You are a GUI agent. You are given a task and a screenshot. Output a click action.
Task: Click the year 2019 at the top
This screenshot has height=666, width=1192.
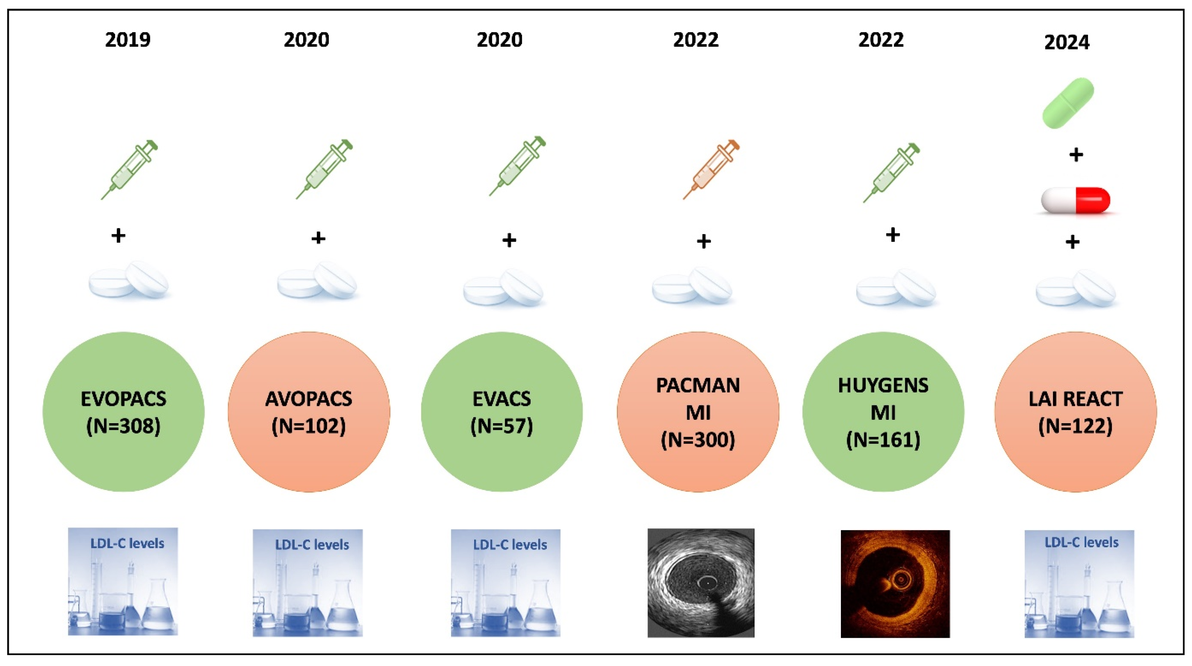[128, 39]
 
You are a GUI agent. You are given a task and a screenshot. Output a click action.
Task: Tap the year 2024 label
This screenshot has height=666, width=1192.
[1067, 43]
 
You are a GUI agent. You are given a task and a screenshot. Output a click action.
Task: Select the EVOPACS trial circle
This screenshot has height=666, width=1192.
[123, 411]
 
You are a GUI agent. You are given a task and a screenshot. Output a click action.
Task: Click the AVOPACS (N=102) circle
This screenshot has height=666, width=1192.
[308, 411]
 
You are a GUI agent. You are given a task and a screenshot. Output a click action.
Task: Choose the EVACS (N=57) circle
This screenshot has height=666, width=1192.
[502, 411]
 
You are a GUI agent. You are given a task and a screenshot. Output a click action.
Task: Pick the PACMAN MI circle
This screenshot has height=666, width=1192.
[698, 411]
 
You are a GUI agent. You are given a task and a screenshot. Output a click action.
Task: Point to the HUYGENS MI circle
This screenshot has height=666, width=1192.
[883, 411]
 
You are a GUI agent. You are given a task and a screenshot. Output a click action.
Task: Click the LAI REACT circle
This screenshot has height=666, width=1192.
[1075, 411]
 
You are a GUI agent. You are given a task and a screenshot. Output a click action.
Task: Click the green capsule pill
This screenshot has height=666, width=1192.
[1068, 103]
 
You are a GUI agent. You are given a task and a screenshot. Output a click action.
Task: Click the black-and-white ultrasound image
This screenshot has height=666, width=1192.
[701, 583]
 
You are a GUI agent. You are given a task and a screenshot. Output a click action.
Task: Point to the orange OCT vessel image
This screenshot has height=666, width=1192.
[895, 584]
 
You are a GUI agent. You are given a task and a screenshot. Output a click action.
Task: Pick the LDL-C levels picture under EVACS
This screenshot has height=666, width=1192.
[505, 583]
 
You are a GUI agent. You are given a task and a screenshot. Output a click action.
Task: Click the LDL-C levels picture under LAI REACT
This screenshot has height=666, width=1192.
[1079, 584]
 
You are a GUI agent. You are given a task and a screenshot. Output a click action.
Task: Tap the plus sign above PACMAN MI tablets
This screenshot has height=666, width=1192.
[704, 241]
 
